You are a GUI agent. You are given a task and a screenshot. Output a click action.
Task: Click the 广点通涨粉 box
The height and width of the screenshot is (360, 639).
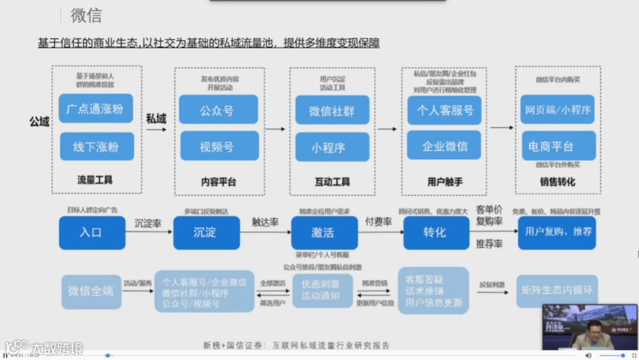96,109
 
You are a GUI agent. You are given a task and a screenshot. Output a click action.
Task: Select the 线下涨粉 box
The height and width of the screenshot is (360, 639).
96,147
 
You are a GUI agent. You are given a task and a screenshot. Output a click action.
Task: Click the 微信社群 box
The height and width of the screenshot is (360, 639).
331,110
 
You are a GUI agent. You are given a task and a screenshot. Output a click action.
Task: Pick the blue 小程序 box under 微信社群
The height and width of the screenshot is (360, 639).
331,147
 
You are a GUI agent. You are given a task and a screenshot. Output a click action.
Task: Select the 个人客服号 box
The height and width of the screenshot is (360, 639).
444,110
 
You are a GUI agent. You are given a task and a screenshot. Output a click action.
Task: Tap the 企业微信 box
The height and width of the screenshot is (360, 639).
444,146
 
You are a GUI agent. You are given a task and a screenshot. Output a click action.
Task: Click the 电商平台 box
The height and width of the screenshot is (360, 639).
559,146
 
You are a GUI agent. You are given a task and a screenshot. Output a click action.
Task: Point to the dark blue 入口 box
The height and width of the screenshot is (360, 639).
92,233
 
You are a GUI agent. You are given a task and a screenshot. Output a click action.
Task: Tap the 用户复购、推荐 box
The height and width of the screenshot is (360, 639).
557,232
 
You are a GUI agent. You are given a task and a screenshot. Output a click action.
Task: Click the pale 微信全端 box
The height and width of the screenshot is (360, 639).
91,291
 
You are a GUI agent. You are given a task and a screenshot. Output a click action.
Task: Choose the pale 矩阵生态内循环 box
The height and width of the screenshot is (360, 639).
557,291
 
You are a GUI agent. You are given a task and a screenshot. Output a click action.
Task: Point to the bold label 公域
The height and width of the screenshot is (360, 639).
39,121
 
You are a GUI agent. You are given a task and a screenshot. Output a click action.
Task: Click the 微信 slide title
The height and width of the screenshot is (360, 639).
86,16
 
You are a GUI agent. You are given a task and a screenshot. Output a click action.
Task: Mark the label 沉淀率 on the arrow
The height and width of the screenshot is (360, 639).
148,224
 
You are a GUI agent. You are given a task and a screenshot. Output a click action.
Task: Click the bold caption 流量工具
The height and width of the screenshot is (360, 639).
95,180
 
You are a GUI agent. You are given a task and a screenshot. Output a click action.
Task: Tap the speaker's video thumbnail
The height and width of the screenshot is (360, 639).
590,327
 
